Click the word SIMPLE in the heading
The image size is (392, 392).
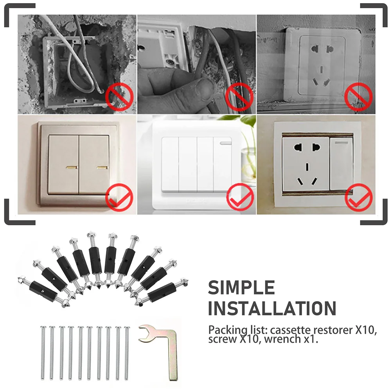(x=241, y=288)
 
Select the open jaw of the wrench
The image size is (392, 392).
(x=146, y=330)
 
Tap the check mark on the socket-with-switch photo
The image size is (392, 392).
(x=358, y=197)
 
